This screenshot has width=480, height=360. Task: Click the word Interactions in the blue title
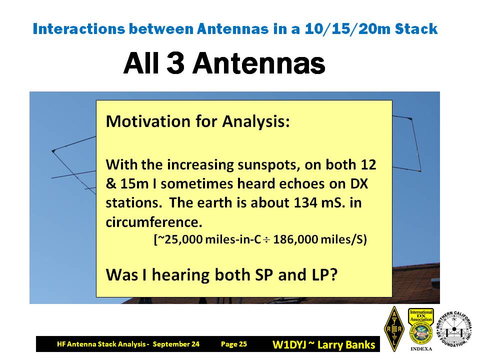pyautogui.click(x=79, y=29)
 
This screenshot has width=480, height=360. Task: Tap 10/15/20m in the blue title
pyautogui.click(x=347, y=29)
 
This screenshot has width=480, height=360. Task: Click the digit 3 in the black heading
pyautogui.click(x=175, y=63)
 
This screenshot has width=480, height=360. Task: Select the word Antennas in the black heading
pyautogui.click(x=259, y=63)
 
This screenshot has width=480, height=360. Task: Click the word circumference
pyautogui.click(x=154, y=222)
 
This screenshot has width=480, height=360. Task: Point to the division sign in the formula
pyautogui.click(x=266, y=240)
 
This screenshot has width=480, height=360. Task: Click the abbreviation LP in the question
pyautogui.click(x=324, y=274)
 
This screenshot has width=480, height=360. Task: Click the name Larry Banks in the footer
pyautogui.click(x=346, y=344)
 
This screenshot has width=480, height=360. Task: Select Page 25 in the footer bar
pyautogui.click(x=234, y=344)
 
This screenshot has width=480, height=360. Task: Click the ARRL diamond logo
pyautogui.click(x=394, y=329)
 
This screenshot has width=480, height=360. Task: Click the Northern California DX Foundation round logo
pyautogui.click(x=454, y=329)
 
